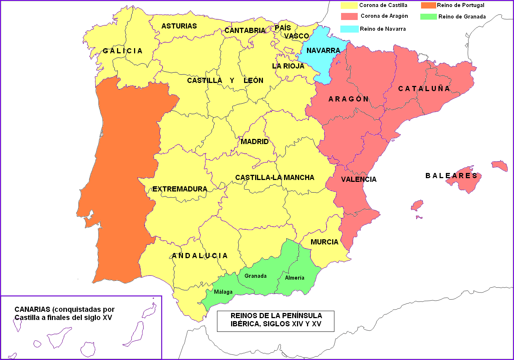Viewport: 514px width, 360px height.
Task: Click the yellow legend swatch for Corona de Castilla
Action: pos(349,5)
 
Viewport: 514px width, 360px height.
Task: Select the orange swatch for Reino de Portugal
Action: pos(428,5)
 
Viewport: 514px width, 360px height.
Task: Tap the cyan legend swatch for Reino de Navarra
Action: pos(349,29)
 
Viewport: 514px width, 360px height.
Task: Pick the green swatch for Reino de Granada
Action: pos(428,17)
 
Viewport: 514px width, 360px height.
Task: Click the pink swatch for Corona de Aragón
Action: pos(349,16)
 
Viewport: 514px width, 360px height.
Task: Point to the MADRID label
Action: pos(254,141)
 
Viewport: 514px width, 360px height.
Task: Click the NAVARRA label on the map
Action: pos(323,50)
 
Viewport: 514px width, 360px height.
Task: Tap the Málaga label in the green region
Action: pos(223,292)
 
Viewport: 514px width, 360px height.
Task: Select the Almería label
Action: pos(294,278)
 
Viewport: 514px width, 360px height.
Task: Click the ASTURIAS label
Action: pos(179,26)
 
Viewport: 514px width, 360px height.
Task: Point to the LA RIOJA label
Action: pos(288,66)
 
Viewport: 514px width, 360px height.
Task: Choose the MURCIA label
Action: pos(324,242)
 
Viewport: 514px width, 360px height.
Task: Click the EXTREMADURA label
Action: pos(180,189)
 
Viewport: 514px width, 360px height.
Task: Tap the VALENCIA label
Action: pos(358,179)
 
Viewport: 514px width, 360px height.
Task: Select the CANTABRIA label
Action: pos(245,30)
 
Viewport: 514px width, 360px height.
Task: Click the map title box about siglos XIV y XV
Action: pos(276,321)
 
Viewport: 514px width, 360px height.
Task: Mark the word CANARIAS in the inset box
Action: pos(32,309)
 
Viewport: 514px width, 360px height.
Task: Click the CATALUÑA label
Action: pos(424,89)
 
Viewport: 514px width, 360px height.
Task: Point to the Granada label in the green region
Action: pos(255,276)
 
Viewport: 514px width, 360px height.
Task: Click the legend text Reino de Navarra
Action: pos(383,29)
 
